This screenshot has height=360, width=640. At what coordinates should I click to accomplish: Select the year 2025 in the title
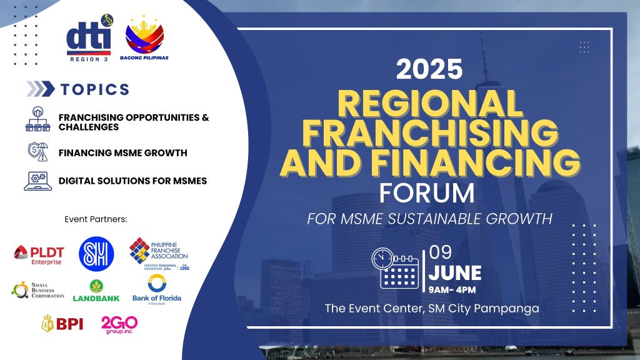[429, 69]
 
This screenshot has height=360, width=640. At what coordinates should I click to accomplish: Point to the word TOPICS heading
[95, 89]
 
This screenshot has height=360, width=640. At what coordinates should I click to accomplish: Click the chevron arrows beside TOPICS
[41, 89]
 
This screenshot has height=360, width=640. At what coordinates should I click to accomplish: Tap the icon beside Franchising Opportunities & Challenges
[37, 119]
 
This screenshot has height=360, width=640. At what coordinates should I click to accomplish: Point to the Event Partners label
[96, 219]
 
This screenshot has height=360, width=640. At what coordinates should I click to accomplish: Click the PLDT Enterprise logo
[39, 254]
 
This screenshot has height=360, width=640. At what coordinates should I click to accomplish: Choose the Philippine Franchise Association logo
[159, 253]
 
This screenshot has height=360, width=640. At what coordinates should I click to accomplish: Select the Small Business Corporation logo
[38, 290]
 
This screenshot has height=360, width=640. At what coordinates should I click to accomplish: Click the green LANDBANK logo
[96, 291]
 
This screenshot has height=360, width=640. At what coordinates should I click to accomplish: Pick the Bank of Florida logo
[156, 289]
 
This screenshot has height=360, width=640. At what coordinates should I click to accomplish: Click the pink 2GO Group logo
[119, 323]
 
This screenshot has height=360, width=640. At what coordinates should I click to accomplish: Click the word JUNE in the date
[455, 274]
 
